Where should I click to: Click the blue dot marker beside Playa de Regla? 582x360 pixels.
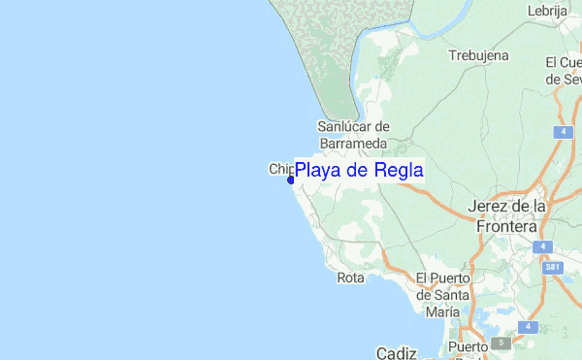[x=290, y=179]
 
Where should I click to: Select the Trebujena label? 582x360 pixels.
[x=478, y=55]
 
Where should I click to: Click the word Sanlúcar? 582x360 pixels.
[x=353, y=126]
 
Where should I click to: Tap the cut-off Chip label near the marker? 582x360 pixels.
[x=278, y=169]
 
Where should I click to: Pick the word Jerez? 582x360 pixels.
[x=489, y=207]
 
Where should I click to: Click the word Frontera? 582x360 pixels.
[x=506, y=225]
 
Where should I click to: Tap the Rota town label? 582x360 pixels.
[x=350, y=278]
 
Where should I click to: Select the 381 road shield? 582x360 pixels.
[x=551, y=267]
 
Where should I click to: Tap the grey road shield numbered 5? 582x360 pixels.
[x=502, y=343]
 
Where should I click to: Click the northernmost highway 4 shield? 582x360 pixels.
[x=565, y=131]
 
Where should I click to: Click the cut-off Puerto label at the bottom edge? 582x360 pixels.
[x=467, y=348]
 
